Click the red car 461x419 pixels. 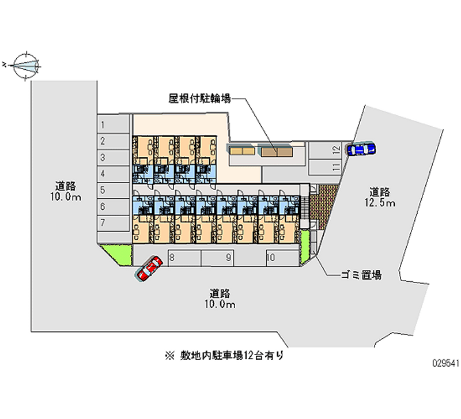pos(148,269)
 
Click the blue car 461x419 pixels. pos(361,149)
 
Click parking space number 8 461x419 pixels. pos(184,258)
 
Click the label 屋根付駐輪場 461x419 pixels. pos(200,99)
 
